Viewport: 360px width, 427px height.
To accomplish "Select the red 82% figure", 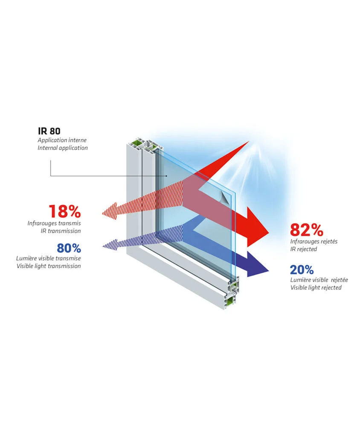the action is point(306,230).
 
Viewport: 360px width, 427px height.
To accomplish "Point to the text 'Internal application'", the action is point(63,148).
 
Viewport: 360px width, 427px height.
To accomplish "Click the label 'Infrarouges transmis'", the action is point(54,223).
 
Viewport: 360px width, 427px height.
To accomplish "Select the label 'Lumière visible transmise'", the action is point(49,258).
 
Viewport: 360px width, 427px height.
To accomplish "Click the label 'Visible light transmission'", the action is point(49,266).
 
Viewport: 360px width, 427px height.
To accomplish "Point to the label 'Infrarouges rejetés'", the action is point(314,241).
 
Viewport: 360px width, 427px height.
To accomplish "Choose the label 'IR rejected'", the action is point(304,249).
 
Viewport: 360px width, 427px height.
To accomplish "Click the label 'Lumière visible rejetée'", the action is point(319,280).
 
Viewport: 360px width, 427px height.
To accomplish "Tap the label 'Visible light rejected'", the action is point(316,287).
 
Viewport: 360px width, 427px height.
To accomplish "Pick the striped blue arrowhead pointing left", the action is point(110,245).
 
